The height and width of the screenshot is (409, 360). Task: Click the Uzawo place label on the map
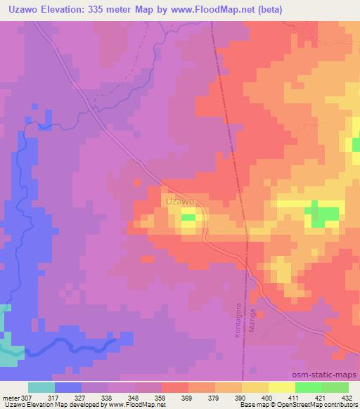point(180,202)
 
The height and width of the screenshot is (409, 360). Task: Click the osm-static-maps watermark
point(322,376)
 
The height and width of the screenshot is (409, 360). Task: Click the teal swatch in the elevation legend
point(41,387)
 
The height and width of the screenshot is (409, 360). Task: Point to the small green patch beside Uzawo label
point(188,219)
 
